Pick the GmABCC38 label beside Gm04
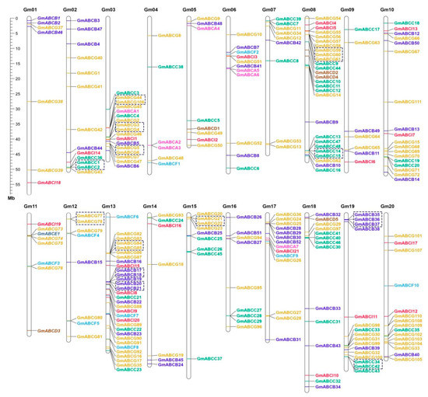click(170, 67)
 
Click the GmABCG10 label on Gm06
click(249, 34)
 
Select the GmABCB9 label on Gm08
click(326, 122)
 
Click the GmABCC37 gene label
click(209, 359)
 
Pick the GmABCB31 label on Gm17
click(289, 340)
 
